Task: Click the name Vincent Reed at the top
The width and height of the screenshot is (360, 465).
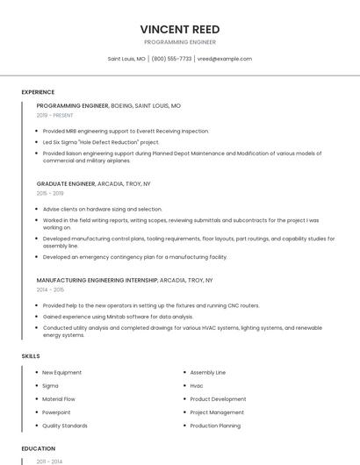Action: pyautogui.click(x=179, y=28)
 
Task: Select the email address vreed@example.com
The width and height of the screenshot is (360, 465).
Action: pyautogui.click(x=225, y=59)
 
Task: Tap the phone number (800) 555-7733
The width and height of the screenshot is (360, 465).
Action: pyautogui.click(x=171, y=59)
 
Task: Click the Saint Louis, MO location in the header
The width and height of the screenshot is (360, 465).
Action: pyautogui.click(x=126, y=59)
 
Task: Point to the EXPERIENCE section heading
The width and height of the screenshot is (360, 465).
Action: pyautogui.click(x=38, y=92)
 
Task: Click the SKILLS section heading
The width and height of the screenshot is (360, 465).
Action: pyautogui.click(x=31, y=356)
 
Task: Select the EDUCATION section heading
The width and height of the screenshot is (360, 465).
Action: pyautogui.click(x=39, y=448)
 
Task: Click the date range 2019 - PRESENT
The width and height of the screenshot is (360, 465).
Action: pyautogui.click(x=54, y=115)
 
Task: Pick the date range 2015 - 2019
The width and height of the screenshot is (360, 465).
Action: pyautogui.click(x=50, y=193)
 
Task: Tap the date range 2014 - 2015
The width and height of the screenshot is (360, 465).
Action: pyautogui.click(x=50, y=290)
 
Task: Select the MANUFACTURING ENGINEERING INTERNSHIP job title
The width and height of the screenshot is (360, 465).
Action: pyautogui.click(x=97, y=280)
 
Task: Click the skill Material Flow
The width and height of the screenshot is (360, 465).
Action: pyautogui.click(x=60, y=399)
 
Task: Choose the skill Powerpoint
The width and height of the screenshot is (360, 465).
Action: pyautogui.click(x=56, y=412)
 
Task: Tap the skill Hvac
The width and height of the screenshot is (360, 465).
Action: pyautogui.click(x=197, y=386)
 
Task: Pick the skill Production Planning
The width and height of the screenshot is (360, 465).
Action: pyautogui.click(x=215, y=426)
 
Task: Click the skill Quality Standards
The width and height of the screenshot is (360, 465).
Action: pyautogui.click(x=65, y=426)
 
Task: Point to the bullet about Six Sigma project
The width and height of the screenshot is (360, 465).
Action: pyautogui.click(x=101, y=141)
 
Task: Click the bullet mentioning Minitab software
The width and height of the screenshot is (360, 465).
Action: pyautogui.click(x=118, y=316)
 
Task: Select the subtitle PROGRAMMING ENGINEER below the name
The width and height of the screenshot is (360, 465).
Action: pyautogui.click(x=179, y=42)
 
